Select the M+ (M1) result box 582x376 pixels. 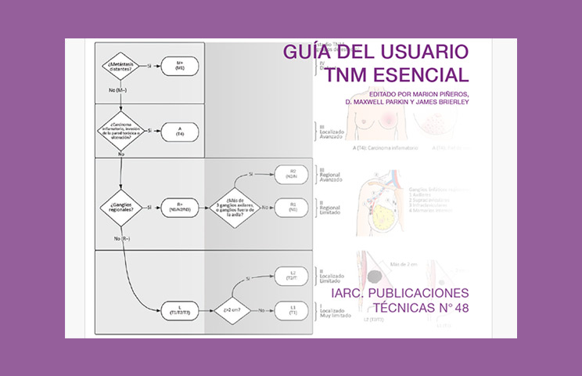click(x=179, y=66)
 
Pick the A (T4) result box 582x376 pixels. click(x=179, y=131)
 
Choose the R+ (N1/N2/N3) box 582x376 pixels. click(x=179, y=208)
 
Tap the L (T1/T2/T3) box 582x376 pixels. click(x=179, y=310)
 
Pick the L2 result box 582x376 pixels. click(x=293, y=277)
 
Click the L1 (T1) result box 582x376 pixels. click(x=293, y=310)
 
